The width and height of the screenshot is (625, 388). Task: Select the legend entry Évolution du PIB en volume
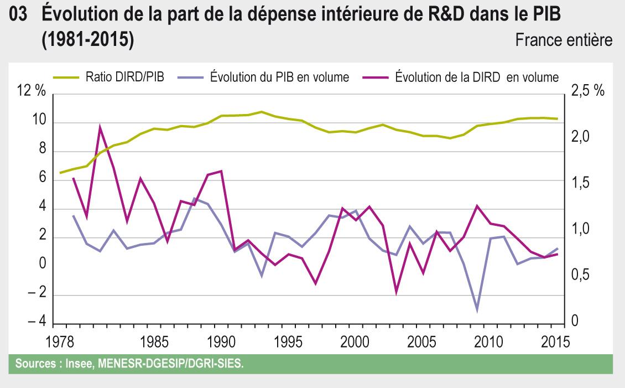[279, 77]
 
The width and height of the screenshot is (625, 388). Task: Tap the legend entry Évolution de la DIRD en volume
[476, 77]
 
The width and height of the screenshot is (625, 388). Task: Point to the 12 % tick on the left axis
[32, 92]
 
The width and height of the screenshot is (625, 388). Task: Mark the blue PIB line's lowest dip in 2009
[476, 311]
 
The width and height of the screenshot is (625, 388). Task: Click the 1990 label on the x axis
[220, 341]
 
